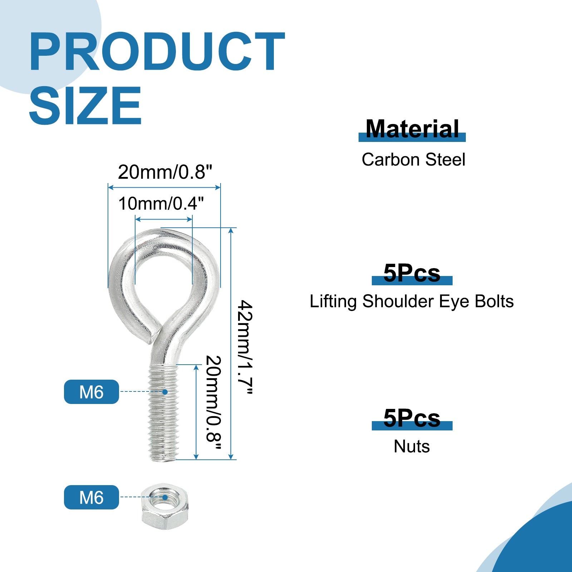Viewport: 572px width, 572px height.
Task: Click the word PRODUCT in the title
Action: click(x=157, y=51)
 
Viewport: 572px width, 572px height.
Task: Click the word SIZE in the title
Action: click(x=85, y=106)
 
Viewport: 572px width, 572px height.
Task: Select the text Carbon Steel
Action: click(x=413, y=159)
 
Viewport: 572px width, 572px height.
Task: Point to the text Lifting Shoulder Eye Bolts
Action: click(x=412, y=301)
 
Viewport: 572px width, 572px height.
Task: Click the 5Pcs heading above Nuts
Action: click(x=412, y=418)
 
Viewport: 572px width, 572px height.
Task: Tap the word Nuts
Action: click(x=412, y=447)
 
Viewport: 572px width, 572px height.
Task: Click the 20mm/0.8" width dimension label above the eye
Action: click(x=165, y=172)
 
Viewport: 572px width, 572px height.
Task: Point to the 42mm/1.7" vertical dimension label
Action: click(x=246, y=347)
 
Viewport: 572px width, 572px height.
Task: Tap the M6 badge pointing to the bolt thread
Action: click(x=92, y=392)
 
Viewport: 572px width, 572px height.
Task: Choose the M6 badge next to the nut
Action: click(x=92, y=497)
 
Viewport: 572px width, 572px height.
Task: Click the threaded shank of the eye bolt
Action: click(x=163, y=413)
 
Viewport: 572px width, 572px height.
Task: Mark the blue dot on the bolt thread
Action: click(x=165, y=392)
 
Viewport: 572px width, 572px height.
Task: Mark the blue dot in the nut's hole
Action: click(x=165, y=497)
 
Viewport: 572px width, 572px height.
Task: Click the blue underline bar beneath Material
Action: click(x=412, y=137)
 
